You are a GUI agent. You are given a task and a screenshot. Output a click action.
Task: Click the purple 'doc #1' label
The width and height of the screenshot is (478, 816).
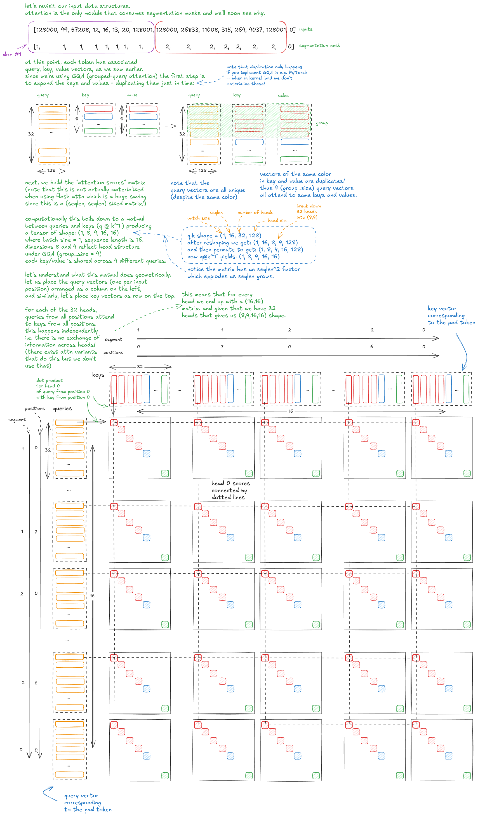[x=12, y=54]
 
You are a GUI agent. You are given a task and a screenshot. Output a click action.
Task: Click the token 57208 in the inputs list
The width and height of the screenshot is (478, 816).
[x=80, y=30]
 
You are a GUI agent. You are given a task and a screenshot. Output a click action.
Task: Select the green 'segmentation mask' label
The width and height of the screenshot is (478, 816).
[x=319, y=46]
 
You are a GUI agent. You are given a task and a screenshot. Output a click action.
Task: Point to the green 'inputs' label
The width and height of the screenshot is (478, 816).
[x=305, y=29]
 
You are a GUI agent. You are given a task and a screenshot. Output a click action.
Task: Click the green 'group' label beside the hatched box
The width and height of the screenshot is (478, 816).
[x=322, y=123]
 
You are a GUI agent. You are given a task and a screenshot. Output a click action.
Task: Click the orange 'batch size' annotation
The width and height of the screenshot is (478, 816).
[x=198, y=218]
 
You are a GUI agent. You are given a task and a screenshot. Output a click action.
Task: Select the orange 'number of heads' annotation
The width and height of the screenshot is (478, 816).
[x=255, y=212]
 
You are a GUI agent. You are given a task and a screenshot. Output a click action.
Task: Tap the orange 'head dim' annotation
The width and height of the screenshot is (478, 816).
[x=277, y=221]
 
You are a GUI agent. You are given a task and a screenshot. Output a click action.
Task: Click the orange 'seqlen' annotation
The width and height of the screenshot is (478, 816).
[x=216, y=213]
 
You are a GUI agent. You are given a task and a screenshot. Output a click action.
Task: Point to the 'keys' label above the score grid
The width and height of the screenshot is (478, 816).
[x=98, y=375]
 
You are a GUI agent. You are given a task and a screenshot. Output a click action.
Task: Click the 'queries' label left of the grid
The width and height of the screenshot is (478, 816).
[x=62, y=409]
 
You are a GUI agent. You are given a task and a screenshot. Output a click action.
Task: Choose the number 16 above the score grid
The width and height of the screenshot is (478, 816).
[x=291, y=411]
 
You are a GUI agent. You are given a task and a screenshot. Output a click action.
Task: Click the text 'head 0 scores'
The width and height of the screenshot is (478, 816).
[x=230, y=483]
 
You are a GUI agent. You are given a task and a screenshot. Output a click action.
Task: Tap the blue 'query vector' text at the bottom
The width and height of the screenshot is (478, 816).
[x=81, y=796]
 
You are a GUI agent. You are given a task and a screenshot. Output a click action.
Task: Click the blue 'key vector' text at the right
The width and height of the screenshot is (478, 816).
[x=442, y=308]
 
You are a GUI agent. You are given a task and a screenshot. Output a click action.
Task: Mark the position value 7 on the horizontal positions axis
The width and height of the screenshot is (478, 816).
[x=222, y=347]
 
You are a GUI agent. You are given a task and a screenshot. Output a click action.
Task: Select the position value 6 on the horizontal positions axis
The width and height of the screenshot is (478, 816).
[x=371, y=347]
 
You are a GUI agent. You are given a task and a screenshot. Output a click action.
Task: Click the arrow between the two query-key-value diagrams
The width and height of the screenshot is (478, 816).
[x=171, y=126]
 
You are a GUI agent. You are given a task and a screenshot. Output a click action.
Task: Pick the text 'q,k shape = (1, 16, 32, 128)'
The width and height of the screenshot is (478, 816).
[x=224, y=236]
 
